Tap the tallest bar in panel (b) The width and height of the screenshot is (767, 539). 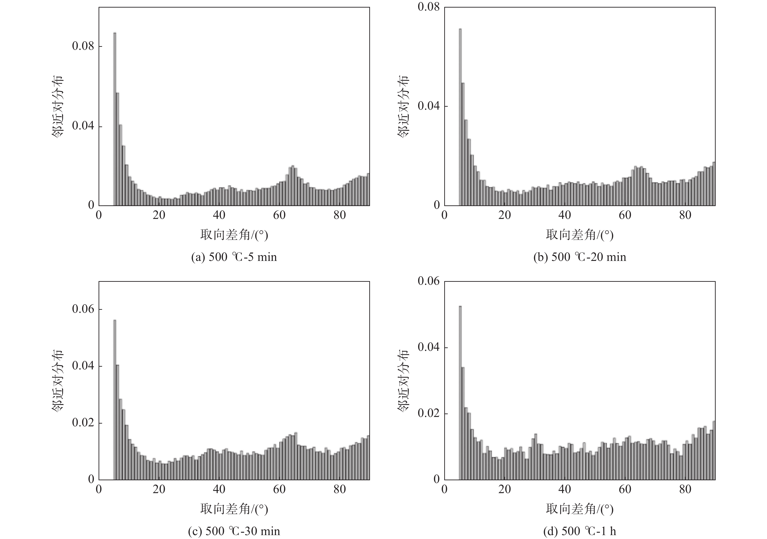point(460,117)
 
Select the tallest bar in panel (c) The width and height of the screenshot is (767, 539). point(115,399)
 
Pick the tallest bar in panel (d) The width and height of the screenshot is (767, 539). point(460,393)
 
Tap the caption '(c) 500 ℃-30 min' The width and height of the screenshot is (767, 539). point(234,531)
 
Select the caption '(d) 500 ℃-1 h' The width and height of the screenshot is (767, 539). point(579,531)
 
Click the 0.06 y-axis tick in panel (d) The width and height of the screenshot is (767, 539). point(429,281)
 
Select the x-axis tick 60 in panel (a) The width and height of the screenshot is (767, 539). point(279,215)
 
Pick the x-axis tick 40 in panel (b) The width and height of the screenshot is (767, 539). point(565,215)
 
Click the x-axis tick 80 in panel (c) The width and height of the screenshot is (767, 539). point(339,489)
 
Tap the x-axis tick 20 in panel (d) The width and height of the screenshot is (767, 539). point(505,489)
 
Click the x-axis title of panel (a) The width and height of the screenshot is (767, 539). point(234,235)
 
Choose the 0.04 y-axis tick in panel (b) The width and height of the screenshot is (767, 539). point(429,106)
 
